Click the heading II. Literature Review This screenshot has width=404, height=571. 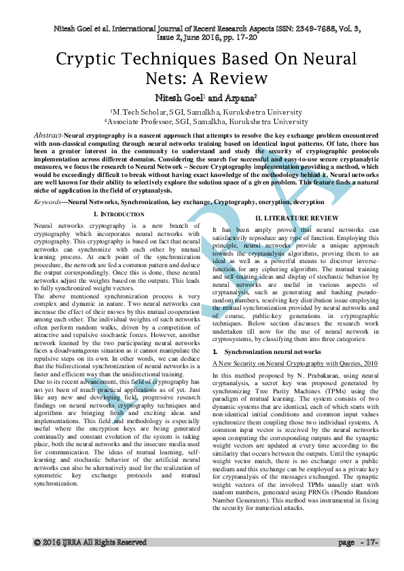(296, 217)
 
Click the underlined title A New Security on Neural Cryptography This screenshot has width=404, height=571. (285, 364)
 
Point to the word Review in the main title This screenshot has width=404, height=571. (243, 78)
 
